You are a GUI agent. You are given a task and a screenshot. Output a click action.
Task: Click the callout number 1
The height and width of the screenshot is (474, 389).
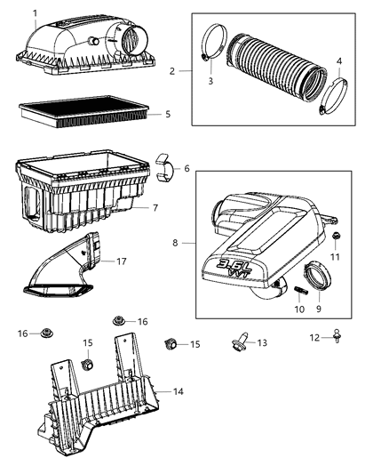[35, 12]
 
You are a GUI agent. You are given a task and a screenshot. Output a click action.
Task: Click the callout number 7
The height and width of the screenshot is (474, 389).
[155, 208]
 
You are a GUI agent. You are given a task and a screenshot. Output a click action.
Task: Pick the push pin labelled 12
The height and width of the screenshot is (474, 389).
[338, 335]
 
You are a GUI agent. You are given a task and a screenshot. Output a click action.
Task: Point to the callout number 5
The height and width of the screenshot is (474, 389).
[167, 114]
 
